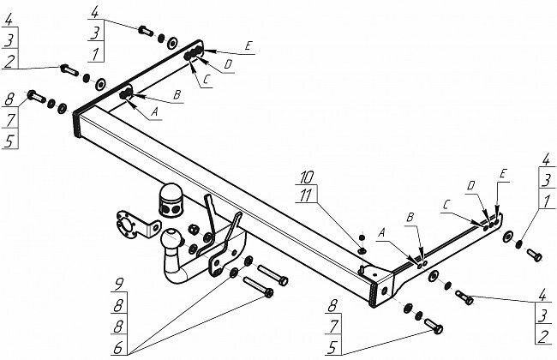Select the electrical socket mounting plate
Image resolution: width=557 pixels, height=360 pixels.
[125, 225]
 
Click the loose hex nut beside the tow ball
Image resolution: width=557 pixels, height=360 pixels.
[194, 230]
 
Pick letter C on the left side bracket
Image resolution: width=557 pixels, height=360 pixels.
[206, 82]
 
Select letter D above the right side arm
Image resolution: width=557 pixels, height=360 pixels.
[470, 185]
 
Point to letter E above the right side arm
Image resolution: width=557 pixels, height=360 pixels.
[503, 175]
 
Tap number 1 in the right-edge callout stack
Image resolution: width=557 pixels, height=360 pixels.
[544, 201]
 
